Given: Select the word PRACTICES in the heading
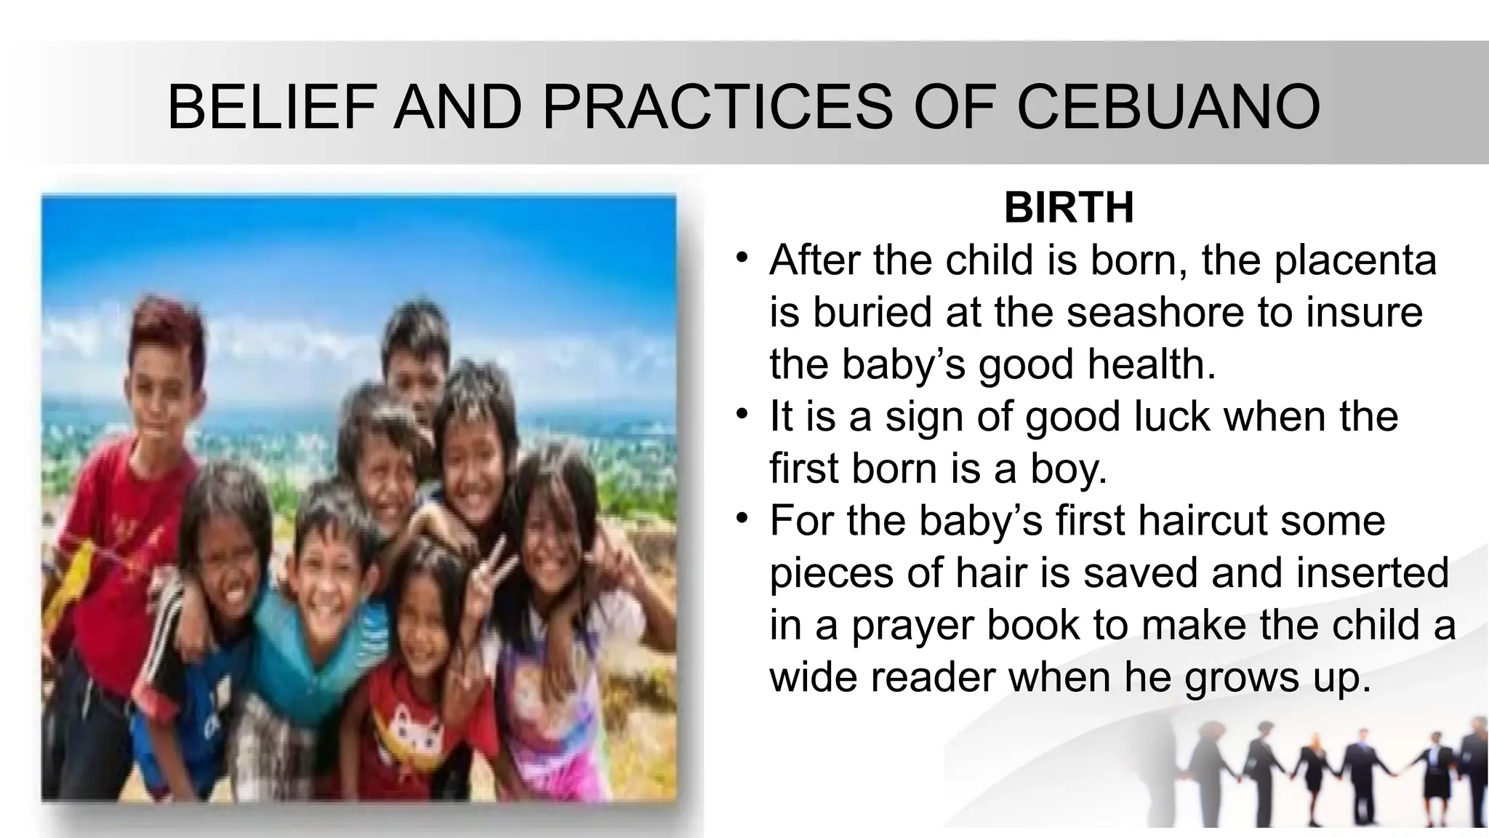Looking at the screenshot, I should (717, 107).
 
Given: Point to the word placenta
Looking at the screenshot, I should (1355, 260).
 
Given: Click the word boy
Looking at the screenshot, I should (1068, 468).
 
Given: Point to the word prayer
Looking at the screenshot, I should (912, 626).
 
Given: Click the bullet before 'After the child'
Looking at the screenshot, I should (741, 258).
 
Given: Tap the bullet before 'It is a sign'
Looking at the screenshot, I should (741, 415).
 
